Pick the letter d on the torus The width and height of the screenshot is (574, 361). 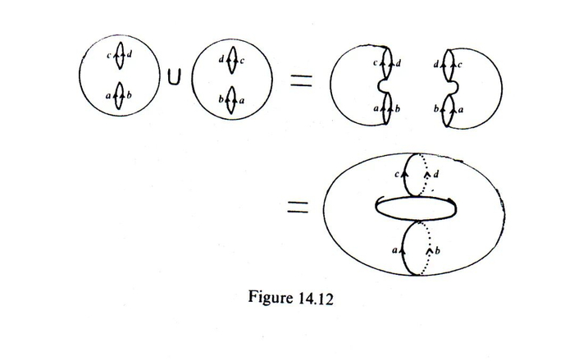[x=435, y=176]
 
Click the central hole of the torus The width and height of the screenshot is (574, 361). [x=414, y=209]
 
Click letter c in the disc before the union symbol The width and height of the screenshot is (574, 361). [x=109, y=56]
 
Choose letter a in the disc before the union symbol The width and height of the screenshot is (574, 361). [x=109, y=95]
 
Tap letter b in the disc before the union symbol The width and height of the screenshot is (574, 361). [x=130, y=95]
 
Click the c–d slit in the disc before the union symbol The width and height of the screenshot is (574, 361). [x=120, y=56]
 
